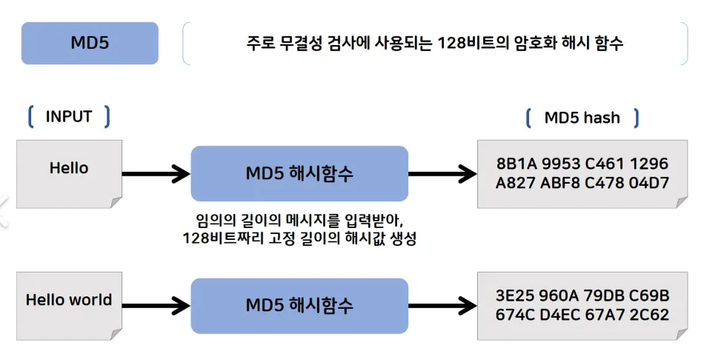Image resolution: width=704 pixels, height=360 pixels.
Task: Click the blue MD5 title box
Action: [90, 43]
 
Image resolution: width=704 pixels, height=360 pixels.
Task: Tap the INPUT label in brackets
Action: [69, 116]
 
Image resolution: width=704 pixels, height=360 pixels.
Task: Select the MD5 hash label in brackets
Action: [582, 117]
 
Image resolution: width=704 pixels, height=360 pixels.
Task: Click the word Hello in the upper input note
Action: [69, 168]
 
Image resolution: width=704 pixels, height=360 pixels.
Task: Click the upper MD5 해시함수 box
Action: [299, 174]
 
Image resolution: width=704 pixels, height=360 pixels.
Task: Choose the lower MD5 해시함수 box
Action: [299, 304]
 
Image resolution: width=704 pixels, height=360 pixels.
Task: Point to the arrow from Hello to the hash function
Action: [156, 175]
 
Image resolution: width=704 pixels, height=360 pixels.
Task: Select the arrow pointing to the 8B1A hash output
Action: [442, 175]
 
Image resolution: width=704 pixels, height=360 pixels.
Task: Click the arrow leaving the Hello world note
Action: [156, 304]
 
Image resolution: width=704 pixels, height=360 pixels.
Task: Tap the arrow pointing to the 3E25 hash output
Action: [442, 304]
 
